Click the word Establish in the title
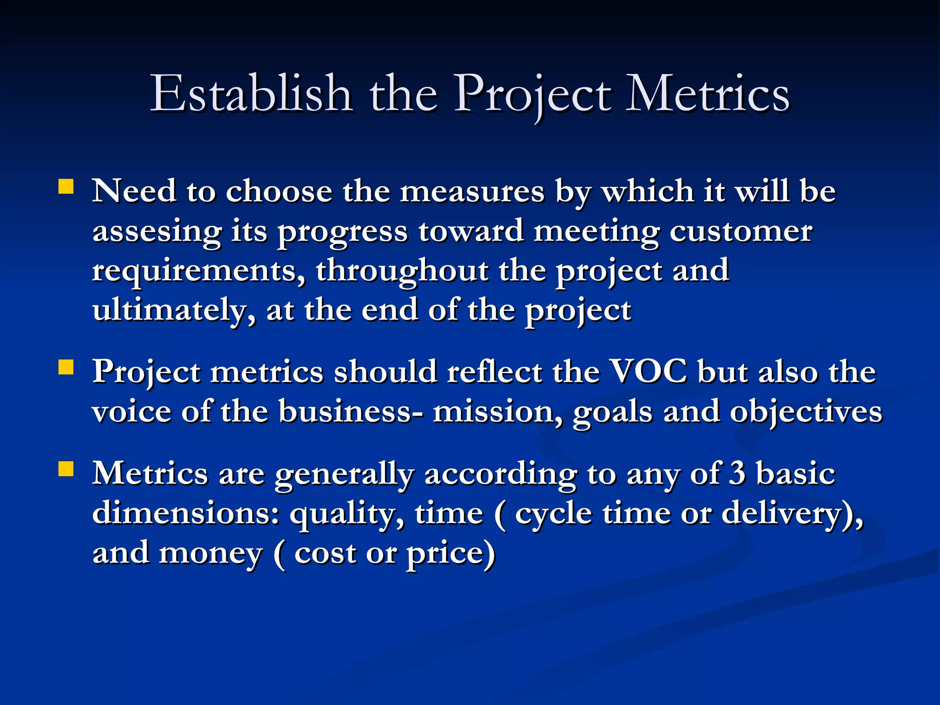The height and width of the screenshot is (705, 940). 251,94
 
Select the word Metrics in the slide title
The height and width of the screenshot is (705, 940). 708,94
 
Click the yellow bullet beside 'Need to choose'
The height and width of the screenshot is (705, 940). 66,187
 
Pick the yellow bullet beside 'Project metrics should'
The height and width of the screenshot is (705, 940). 66,367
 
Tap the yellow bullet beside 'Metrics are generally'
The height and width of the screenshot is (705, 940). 66,470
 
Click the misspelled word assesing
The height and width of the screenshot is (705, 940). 157,231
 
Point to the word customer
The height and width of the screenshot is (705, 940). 740,231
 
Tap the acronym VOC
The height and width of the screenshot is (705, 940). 649,371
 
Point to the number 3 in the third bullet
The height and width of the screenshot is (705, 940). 737,473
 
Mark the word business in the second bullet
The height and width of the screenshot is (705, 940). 344,411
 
